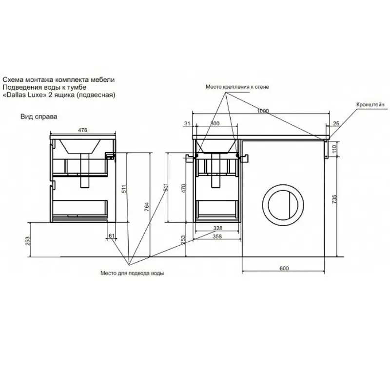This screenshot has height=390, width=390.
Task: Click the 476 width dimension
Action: click(x=82, y=130)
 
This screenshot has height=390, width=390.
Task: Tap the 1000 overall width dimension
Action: click(x=263, y=111)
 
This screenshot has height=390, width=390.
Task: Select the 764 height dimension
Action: click(x=147, y=207)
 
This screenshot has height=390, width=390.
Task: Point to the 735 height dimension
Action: click(x=334, y=199)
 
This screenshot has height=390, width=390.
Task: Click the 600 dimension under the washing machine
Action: click(x=284, y=268)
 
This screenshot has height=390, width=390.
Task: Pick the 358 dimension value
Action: click(x=217, y=236)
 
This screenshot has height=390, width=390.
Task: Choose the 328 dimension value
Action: click(x=218, y=228)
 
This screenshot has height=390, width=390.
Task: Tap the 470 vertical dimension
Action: click(x=184, y=188)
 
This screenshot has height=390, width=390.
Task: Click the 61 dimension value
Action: click(x=112, y=236)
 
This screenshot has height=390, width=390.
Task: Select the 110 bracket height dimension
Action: click(x=334, y=149)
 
